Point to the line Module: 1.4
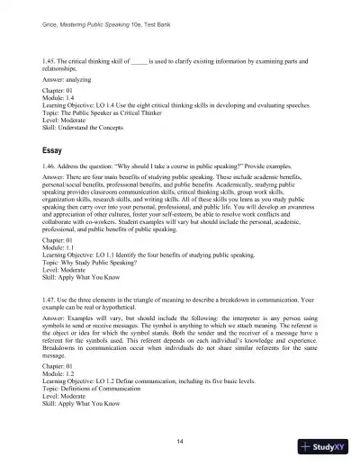[74, 98]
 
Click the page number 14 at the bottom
[180, 439]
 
